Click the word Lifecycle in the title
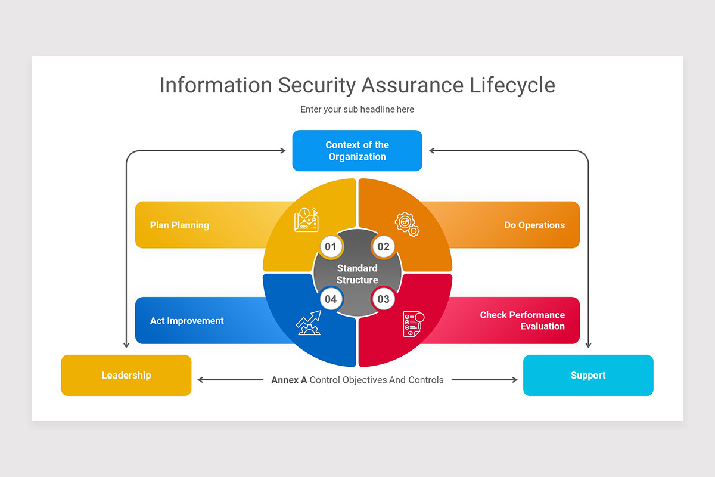coord(512,85)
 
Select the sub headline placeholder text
coord(357,109)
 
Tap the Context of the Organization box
coord(357,151)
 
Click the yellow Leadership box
coord(126,375)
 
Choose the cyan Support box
coord(588,375)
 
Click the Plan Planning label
coord(179,225)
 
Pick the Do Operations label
coord(534,225)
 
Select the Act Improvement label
coord(186,321)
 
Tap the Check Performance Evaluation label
coord(523,320)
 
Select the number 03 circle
coord(383,299)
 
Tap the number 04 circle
coord(331,299)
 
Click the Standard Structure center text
coord(357,274)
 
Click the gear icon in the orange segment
coord(407,224)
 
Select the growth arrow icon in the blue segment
coord(309,323)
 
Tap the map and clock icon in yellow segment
coord(306,220)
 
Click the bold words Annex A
coord(289,380)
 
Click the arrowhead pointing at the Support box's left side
coord(515,380)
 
